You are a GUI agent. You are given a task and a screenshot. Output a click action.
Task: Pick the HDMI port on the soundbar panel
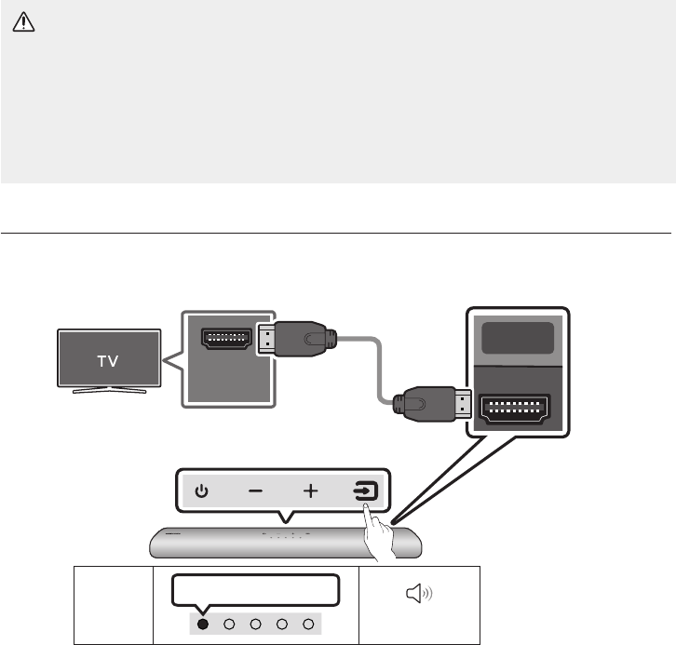click(x=513, y=410)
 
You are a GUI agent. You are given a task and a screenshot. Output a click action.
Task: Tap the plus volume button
click(x=310, y=491)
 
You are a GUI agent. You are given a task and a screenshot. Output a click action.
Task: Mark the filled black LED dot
click(x=202, y=624)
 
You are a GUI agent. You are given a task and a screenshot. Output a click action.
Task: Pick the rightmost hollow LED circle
click(x=308, y=624)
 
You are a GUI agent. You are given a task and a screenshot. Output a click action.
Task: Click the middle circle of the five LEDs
click(x=255, y=624)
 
